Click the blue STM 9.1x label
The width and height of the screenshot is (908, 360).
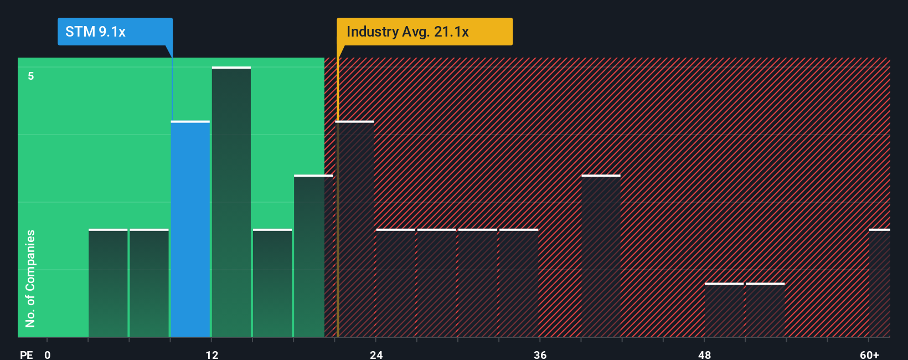pyautogui.click(x=115, y=32)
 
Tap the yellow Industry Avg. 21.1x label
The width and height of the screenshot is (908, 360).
pyautogui.click(x=425, y=32)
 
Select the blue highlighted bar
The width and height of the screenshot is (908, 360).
pyautogui.click(x=190, y=229)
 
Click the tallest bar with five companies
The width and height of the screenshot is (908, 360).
pyautogui.click(x=231, y=202)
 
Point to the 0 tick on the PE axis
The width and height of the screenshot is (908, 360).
pyautogui.click(x=48, y=354)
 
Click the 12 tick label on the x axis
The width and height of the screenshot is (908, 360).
pyautogui.click(x=212, y=354)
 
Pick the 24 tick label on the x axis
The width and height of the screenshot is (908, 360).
pyautogui.click(x=376, y=354)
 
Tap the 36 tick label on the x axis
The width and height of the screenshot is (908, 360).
pyautogui.click(x=540, y=354)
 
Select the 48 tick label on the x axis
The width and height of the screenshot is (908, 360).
pyautogui.click(x=704, y=354)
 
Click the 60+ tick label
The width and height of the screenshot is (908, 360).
pyautogui.click(x=869, y=354)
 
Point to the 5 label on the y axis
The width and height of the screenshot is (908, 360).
pyautogui.click(x=31, y=76)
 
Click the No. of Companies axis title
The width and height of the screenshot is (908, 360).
pyautogui.click(x=30, y=278)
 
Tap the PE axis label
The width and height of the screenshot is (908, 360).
pyautogui.click(x=26, y=354)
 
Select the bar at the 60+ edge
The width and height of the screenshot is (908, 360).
pyautogui.click(x=880, y=283)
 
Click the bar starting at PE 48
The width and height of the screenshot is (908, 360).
pyautogui.click(x=724, y=310)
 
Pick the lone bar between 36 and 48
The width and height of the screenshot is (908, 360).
pyautogui.click(x=601, y=256)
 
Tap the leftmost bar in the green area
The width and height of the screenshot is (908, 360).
pyautogui.click(x=108, y=283)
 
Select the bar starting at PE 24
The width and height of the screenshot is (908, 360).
pyautogui.click(x=396, y=283)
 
